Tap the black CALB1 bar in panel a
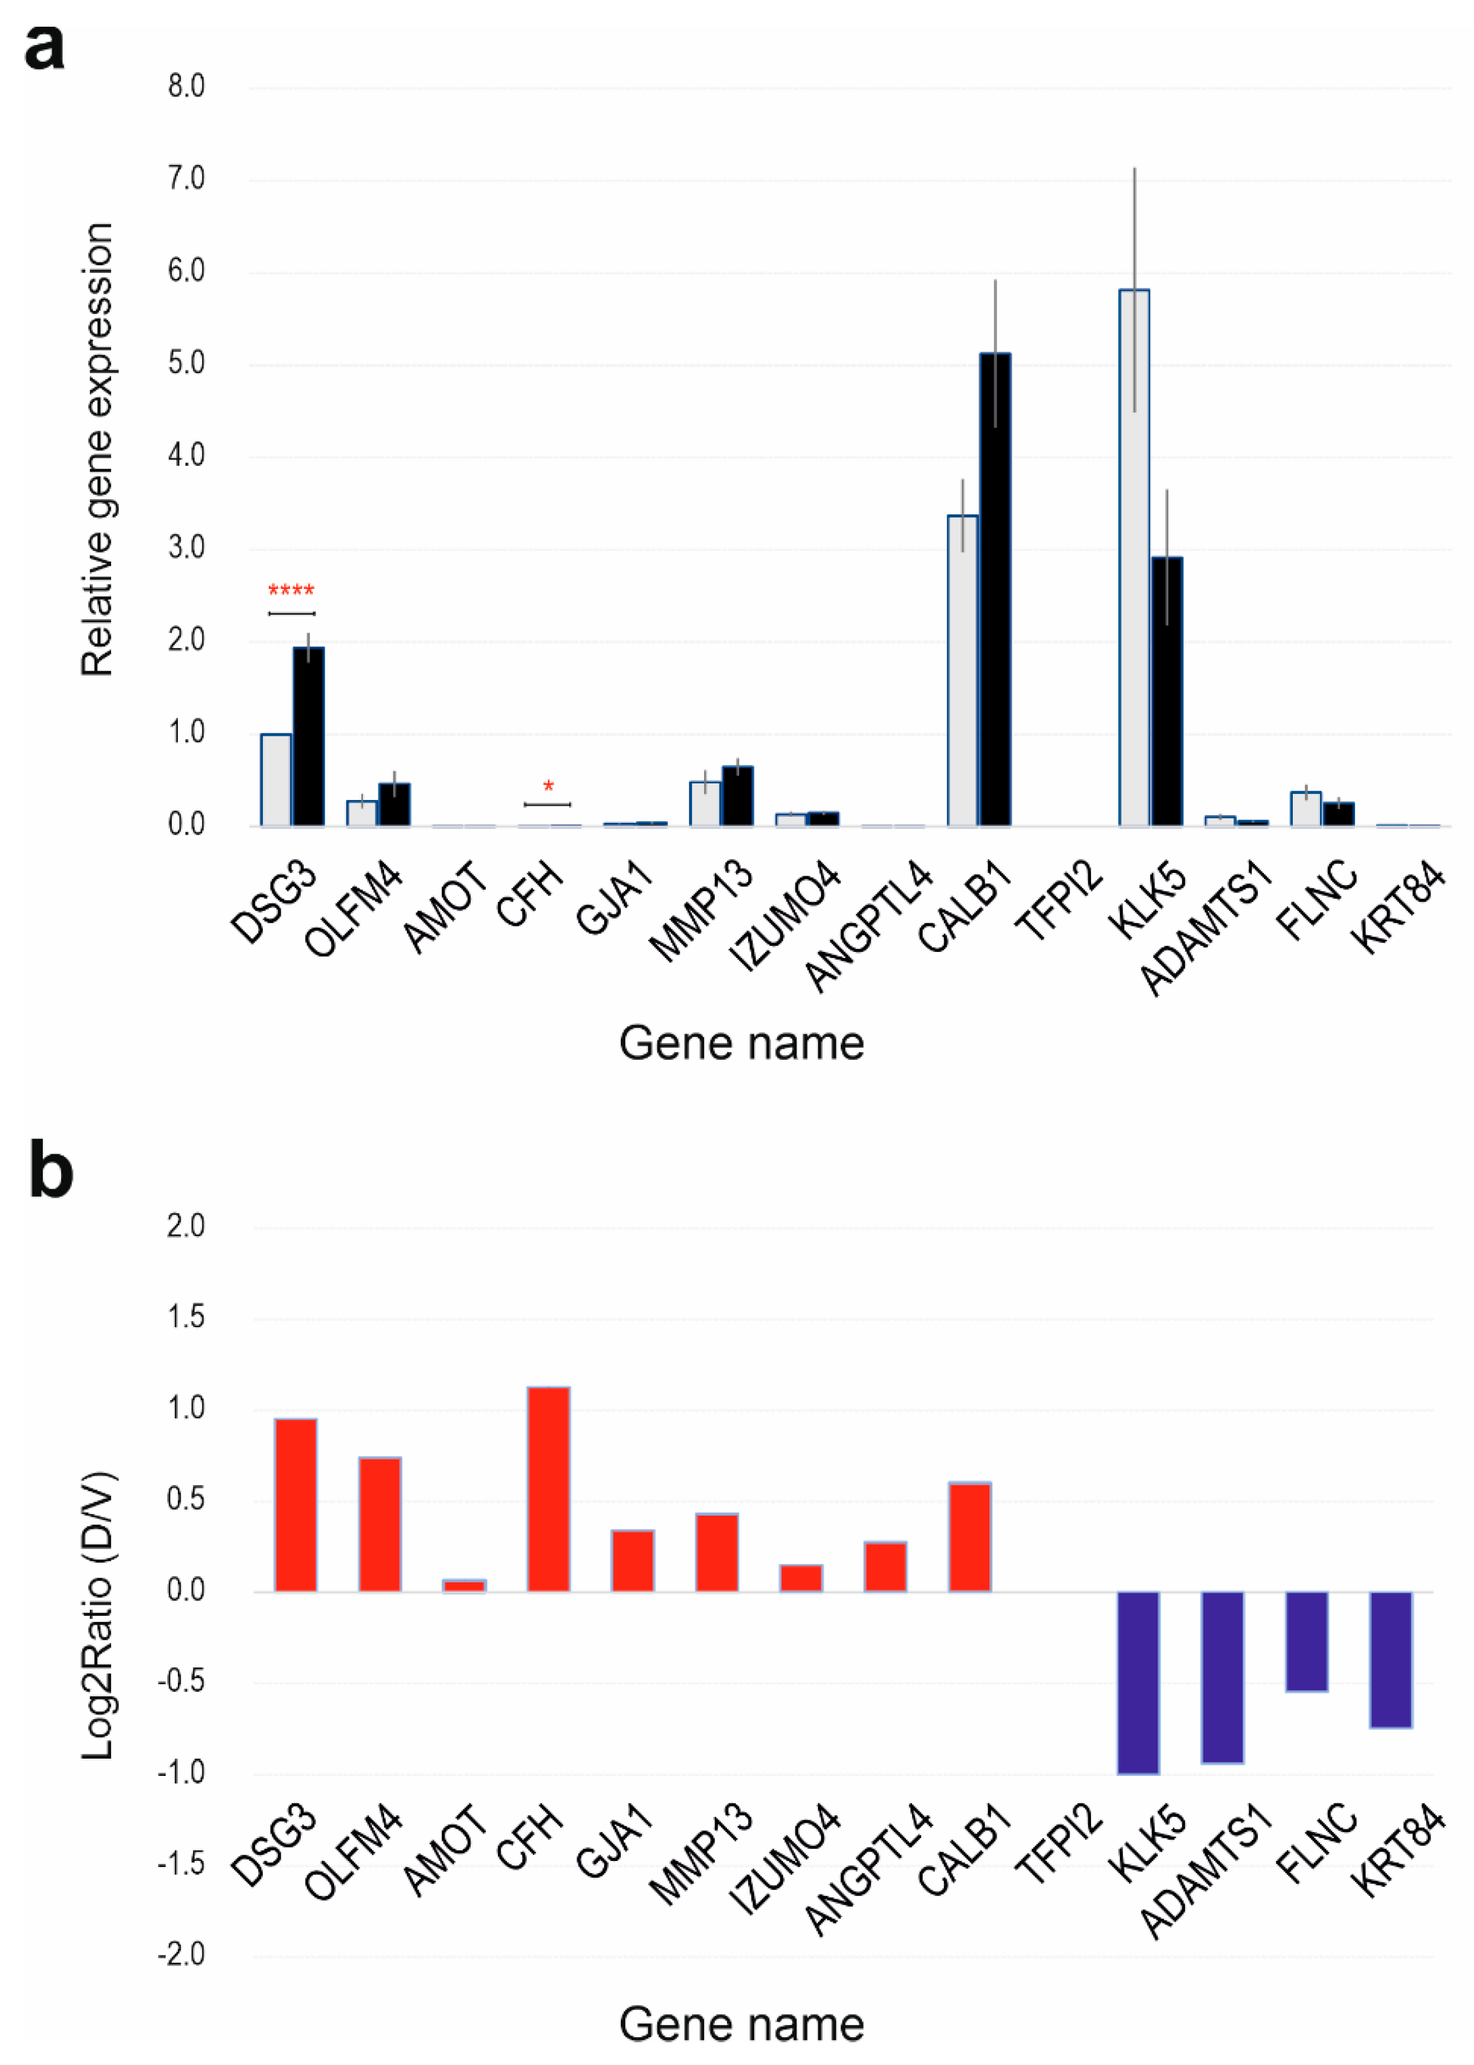pyautogui.click(x=995, y=589)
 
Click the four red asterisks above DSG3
pyautogui.click(x=291, y=592)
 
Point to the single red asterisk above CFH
pyautogui.click(x=548, y=786)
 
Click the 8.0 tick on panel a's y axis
pyautogui.click(x=186, y=87)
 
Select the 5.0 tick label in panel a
pyautogui.click(x=186, y=364)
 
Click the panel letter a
pyautogui.click(x=43, y=47)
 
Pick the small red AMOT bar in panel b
pyautogui.click(x=464, y=1586)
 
